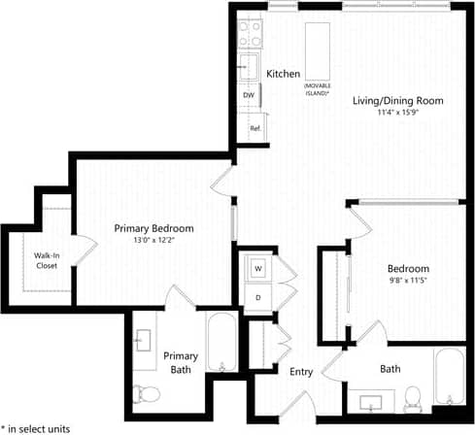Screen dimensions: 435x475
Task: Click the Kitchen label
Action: [x=283, y=74]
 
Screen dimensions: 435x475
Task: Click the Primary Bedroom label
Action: [x=153, y=228]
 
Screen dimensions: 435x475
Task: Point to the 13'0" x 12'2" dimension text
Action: [x=153, y=241]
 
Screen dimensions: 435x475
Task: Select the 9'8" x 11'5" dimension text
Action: [x=401, y=280]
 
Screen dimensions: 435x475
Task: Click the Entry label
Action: [x=300, y=371]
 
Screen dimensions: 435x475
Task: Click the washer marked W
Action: [x=258, y=266]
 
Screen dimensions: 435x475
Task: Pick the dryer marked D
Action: [x=258, y=295]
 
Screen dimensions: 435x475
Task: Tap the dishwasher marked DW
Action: [x=249, y=95]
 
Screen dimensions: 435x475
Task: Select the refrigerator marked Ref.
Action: [x=254, y=128]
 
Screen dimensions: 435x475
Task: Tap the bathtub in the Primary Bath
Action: [x=221, y=345]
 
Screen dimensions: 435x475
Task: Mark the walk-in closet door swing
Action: [x=85, y=249]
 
